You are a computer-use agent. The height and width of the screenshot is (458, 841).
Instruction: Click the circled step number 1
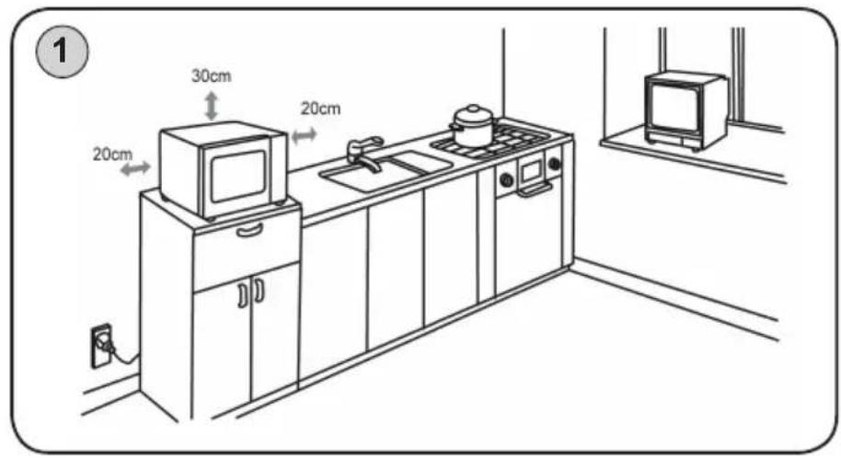[x=61, y=52]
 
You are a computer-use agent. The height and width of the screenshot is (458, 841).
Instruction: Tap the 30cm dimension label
[x=212, y=76]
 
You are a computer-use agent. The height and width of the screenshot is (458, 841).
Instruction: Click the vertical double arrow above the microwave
[x=212, y=106]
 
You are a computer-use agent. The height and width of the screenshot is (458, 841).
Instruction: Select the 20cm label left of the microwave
[x=112, y=155]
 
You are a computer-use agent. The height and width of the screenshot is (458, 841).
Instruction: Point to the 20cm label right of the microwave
[x=320, y=109]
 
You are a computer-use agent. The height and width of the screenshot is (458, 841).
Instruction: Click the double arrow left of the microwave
[x=134, y=168]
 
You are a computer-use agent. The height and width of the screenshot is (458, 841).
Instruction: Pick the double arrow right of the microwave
[x=305, y=136]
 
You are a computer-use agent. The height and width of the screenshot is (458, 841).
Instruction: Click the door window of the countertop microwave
[x=238, y=175]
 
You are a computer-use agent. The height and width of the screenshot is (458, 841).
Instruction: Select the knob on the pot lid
[x=472, y=109]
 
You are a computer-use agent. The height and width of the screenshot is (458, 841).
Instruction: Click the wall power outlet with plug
[x=102, y=346]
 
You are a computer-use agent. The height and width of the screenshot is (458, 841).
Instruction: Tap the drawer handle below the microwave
[x=249, y=230]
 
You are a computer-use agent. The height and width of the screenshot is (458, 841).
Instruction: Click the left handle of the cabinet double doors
[x=242, y=295]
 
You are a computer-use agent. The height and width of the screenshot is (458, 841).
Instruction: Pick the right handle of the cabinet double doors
[x=259, y=290]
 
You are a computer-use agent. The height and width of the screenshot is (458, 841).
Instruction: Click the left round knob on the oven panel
[x=505, y=179]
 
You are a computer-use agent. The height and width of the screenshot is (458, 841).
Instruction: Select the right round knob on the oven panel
[x=554, y=163]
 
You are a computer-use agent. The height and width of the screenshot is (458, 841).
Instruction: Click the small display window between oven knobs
[x=531, y=172]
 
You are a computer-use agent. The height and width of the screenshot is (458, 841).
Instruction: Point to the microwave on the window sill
[x=685, y=110]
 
